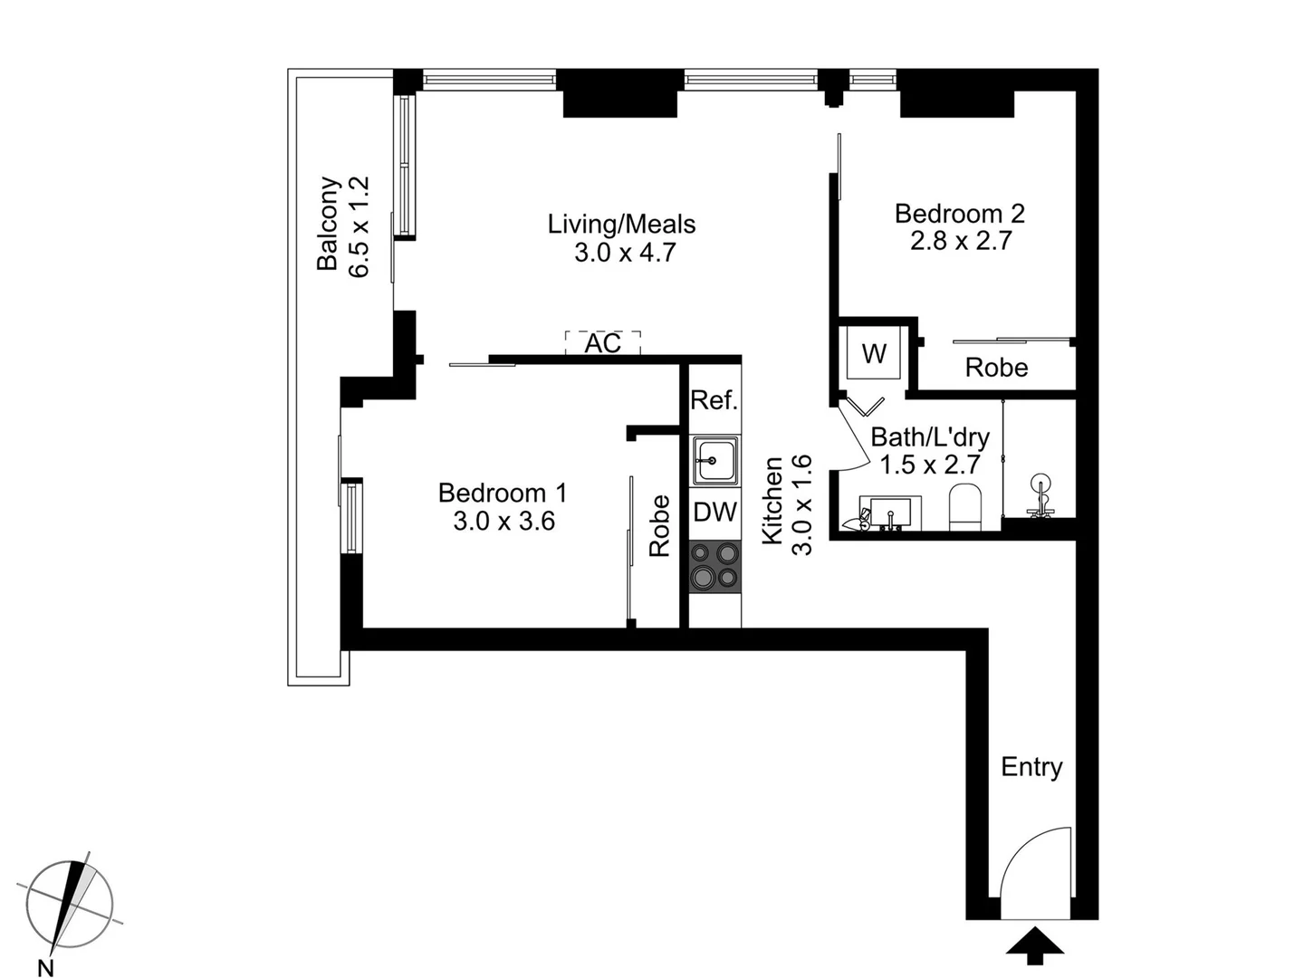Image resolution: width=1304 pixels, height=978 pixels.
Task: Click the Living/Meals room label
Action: [x=621, y=224]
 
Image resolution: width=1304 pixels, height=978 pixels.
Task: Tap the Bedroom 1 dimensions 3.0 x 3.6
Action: [x=503, y=521]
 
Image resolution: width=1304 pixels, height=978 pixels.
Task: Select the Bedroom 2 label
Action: [x=959, y=214]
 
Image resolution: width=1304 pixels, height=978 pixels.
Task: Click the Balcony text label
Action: [x=327, y=224]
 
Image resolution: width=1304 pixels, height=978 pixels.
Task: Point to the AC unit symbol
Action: [x=602, y=343]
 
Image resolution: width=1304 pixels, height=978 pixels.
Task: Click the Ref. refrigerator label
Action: [x=714, y=400]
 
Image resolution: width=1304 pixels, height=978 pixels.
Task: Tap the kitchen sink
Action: [x=715, y=461]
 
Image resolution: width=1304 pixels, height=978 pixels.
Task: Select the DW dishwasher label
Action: [x=714, y=513]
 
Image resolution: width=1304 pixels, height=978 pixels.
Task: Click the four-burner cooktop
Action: [x=714, y=566]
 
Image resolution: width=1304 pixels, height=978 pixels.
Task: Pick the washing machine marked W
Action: [x=873, y=354]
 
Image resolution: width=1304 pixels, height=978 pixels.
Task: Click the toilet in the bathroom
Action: [x=964, y=507]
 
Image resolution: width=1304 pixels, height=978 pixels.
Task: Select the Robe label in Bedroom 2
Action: [x=996, y=368]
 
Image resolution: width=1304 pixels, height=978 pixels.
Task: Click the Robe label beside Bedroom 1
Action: [x=659, y=526]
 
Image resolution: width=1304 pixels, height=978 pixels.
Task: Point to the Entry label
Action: [x=1031, y=767]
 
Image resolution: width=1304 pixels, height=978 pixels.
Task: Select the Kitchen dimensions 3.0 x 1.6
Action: [x=802, y=504]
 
